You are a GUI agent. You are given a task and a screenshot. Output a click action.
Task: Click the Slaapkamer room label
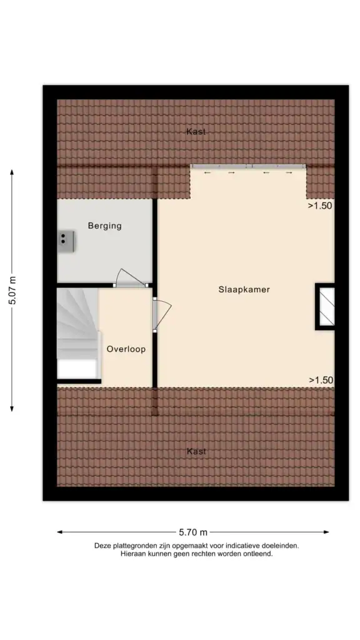tap(244, 289)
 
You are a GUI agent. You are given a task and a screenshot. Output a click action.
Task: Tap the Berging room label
tap(104, 226)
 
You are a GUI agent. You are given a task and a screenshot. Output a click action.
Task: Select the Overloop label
tap(126, 349)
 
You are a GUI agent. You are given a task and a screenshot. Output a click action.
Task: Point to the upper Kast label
tap(196, 132)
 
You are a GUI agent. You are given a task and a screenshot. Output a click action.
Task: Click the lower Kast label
tap(196, 451)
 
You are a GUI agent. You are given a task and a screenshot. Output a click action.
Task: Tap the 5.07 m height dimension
tap(12, 291)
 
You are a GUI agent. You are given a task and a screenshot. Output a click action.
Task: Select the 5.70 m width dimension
tap(193, 532)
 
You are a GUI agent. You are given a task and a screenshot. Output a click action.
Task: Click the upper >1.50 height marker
tap(320, 206)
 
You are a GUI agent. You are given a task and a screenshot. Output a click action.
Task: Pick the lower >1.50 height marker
tap(320, 379)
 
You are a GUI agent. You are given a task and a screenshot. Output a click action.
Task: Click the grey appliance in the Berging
tap(66, 239)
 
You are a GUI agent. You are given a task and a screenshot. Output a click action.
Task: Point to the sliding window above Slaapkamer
tap(248, 166)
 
